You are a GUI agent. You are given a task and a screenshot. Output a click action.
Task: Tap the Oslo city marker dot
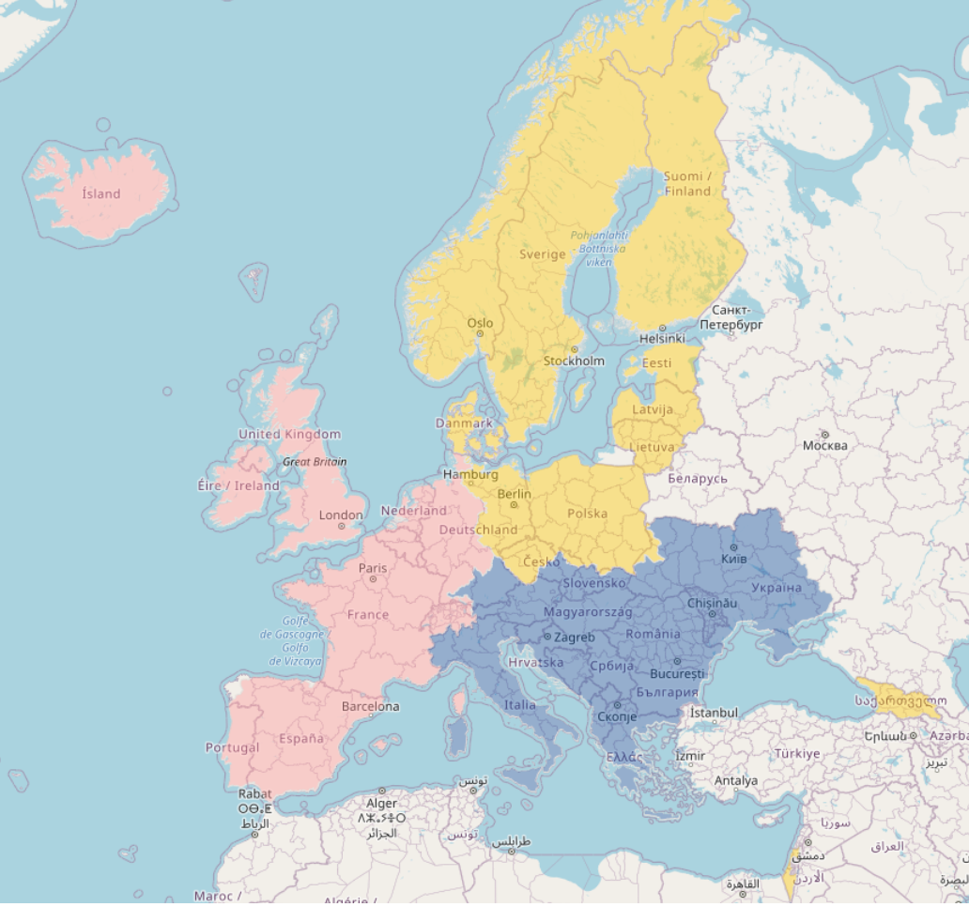coord(480,333)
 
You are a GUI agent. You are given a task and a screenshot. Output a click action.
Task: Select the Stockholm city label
coord(574,361)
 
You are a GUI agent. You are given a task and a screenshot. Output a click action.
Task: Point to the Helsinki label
coord(662,338)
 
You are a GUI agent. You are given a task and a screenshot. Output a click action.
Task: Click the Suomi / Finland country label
coord(687,184)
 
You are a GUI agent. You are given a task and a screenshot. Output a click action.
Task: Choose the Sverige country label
coord(543,254)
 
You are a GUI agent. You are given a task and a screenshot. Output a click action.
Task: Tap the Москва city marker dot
coord(824,434)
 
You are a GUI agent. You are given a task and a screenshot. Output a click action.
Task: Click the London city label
coord(341,515)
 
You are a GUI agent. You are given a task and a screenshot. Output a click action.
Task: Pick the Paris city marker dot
coord(373,578)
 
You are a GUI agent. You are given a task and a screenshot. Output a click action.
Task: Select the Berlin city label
coord(515,494)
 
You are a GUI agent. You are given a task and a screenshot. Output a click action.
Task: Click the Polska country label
coord(588,514)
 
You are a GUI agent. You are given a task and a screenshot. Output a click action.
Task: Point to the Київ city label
coord(734,559)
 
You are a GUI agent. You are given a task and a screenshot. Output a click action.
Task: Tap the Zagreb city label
coord(575,638)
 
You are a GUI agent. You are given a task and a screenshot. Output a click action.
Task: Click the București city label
coord(677,674)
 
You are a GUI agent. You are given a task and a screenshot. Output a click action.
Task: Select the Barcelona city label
coord(370,706)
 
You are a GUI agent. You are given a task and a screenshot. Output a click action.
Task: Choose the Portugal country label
coord(232,748)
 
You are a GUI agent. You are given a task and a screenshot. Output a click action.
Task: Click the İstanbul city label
coord(714,714)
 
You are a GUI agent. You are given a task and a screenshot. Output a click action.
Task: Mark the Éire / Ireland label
coord(238,486)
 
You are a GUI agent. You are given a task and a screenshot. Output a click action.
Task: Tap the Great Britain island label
coord(315,462)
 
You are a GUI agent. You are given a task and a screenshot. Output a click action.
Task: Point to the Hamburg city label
coord(470,475)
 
